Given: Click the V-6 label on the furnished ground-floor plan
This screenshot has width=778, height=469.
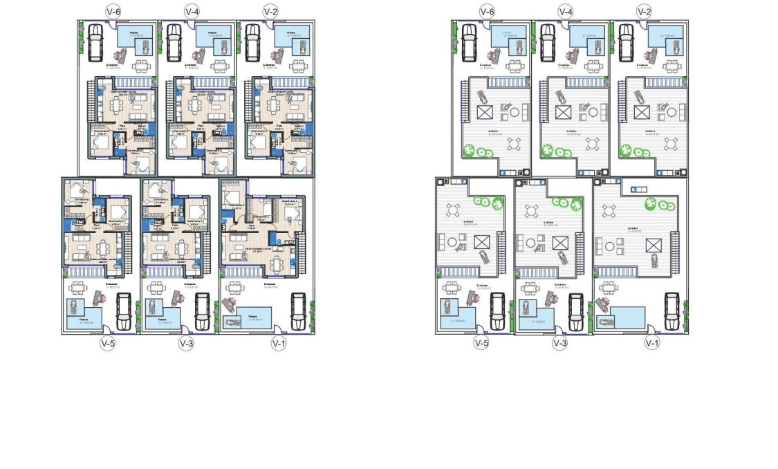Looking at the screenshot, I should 113,11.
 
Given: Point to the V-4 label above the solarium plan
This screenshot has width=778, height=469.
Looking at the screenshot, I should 566,11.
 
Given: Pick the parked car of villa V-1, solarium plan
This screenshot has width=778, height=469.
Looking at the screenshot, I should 671,311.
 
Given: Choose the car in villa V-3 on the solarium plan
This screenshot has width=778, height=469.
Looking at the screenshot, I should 576,311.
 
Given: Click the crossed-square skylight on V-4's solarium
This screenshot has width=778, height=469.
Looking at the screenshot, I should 564,112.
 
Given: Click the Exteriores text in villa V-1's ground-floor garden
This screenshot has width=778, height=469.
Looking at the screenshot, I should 268,284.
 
